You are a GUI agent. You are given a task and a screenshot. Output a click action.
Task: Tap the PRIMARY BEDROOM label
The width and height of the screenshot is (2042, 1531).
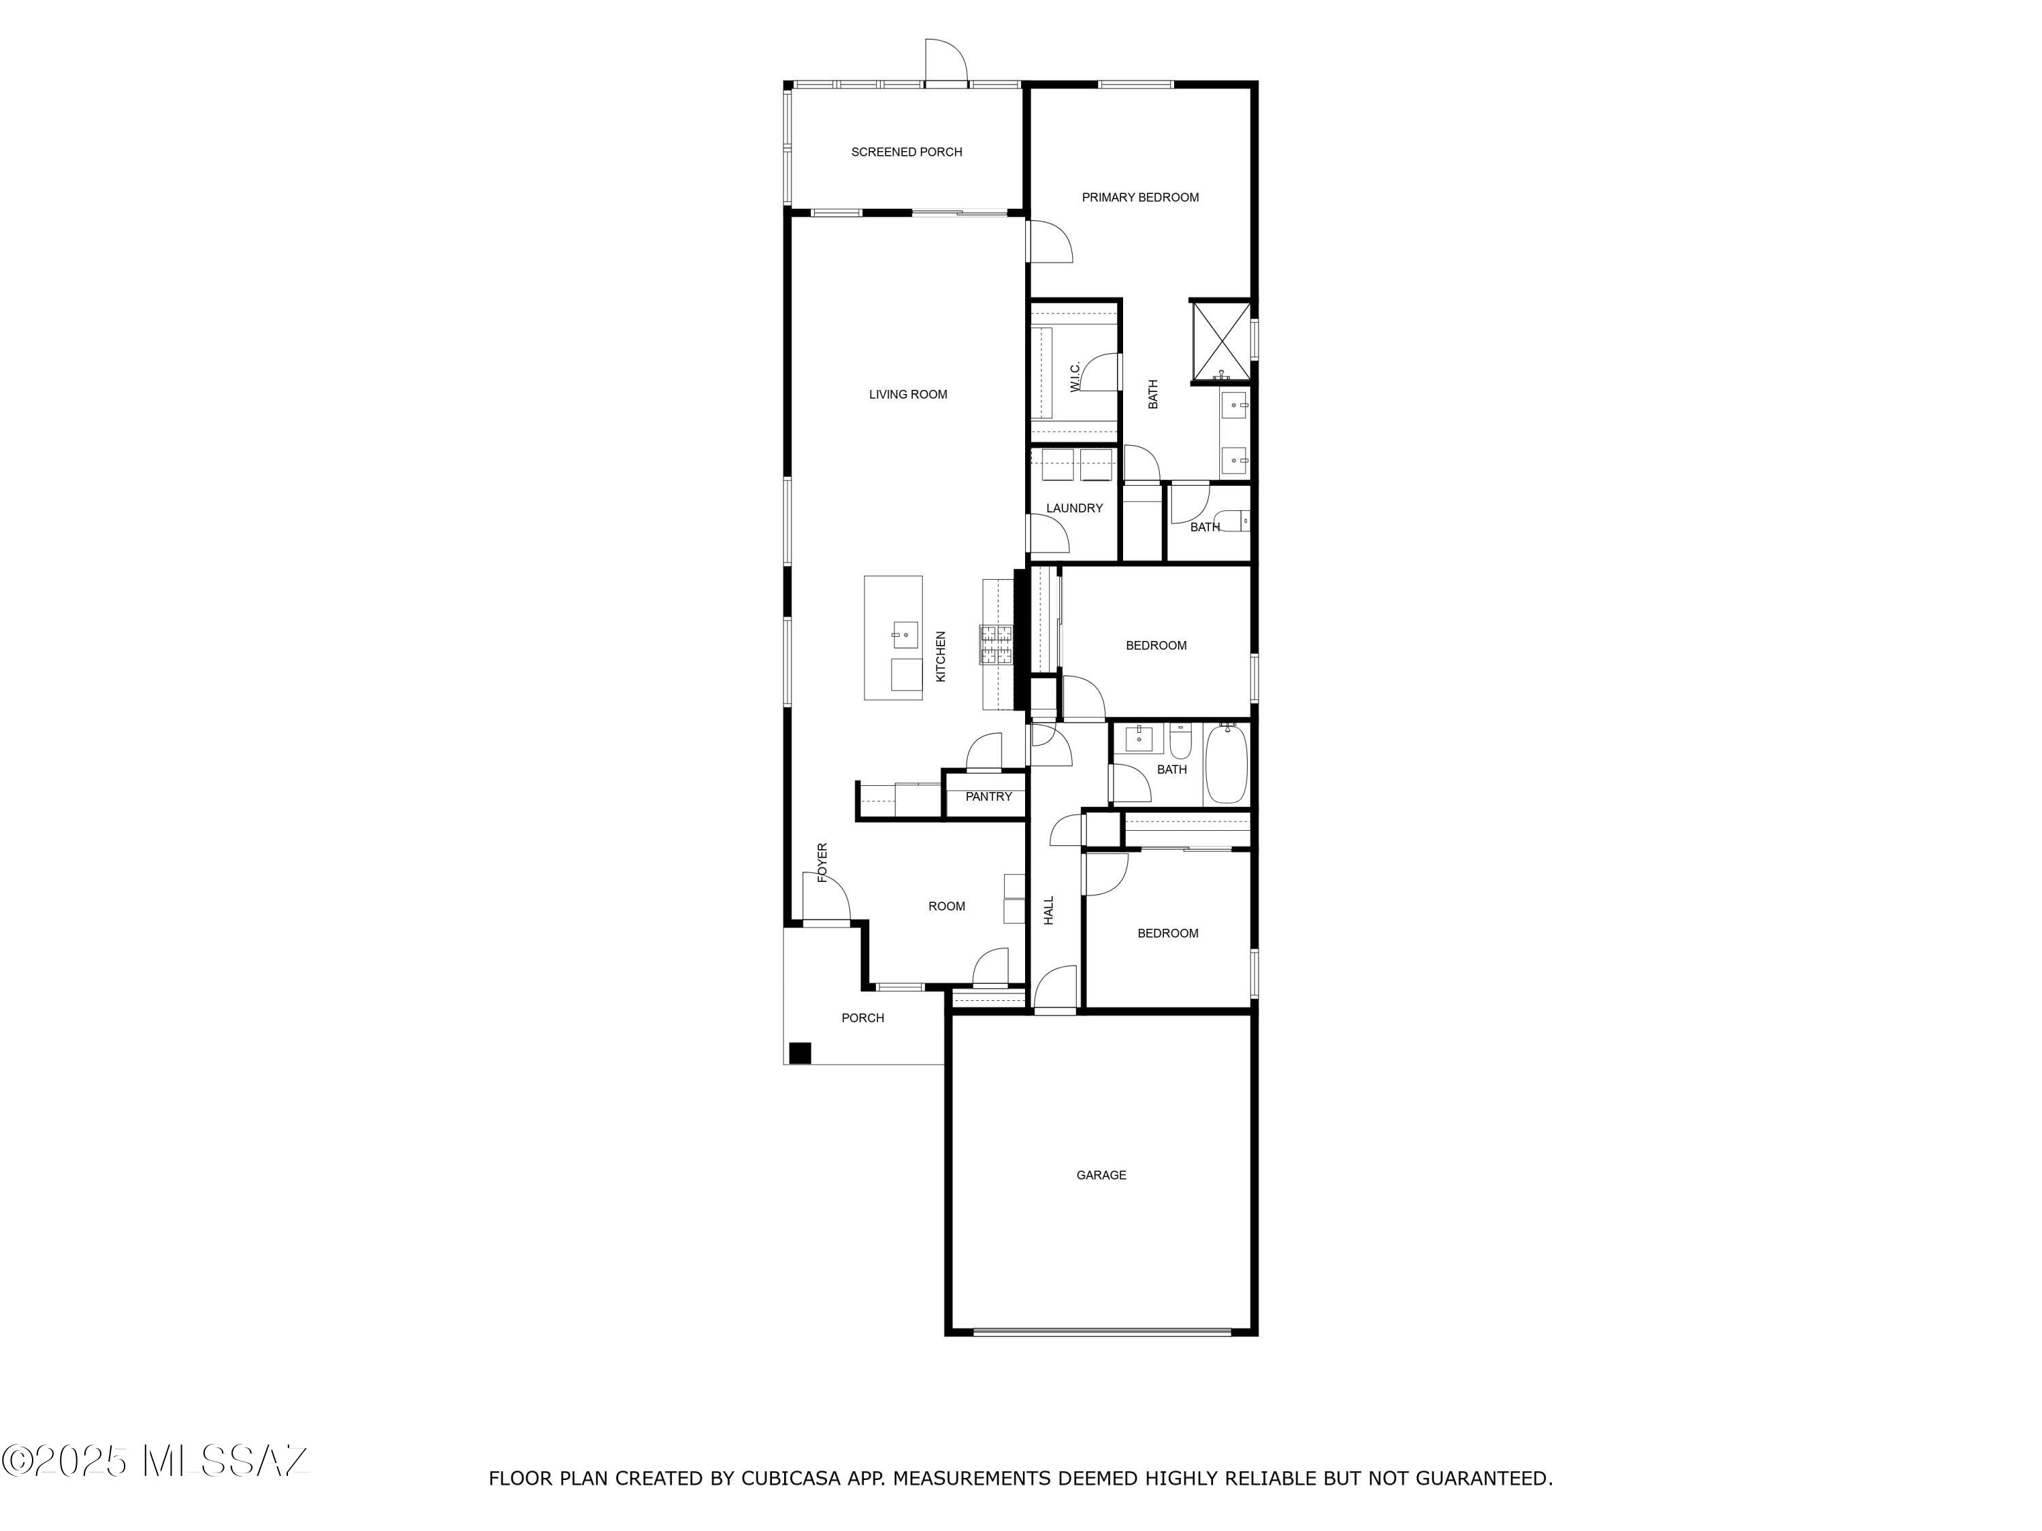tap(1139, 197)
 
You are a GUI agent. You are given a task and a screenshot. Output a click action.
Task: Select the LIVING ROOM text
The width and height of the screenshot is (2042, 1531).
tap(907, 395)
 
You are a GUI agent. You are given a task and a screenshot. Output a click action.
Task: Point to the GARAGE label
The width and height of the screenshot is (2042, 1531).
tap(1101, 1174)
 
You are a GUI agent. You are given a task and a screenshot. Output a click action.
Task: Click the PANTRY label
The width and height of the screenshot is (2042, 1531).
tap(988, 796)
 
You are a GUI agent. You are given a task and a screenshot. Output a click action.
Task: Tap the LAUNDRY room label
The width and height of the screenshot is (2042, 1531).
tap(1073, 508)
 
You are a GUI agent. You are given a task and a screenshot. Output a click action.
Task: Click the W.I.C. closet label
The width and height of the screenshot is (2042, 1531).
tap(1075, 376)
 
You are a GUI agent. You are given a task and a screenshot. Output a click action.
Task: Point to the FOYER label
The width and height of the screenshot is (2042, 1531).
tap(822, 862)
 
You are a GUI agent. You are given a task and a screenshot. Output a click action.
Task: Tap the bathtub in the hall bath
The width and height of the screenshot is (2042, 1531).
tap(1226, 765)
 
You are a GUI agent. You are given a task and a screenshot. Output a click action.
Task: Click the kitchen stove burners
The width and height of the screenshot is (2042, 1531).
tap(996, 645)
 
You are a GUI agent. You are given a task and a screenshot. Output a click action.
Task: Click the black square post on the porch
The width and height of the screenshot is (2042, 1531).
tap(800, 1053)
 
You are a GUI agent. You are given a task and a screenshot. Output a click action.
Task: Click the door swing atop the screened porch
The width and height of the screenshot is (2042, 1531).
tap(945, 61)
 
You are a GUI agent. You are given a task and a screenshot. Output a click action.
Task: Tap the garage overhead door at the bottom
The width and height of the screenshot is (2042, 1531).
tap(1101, 1332)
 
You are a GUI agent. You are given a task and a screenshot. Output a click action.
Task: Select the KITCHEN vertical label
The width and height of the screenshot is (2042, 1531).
tap(941, 656)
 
